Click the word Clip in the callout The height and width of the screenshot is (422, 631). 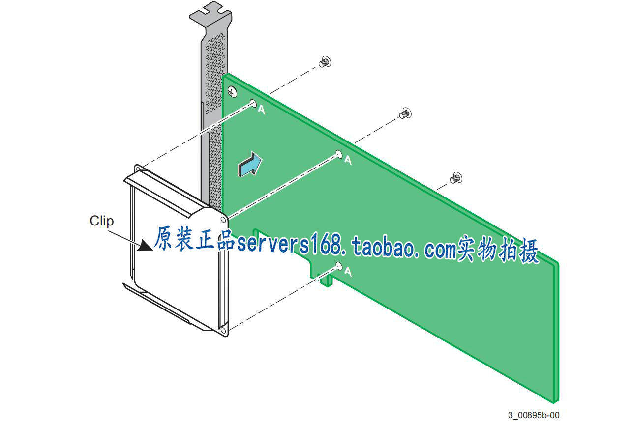(101, 221)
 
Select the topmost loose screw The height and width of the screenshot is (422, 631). (325, 62)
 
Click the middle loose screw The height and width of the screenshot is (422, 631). (405, 113)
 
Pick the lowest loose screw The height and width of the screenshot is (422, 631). (455, 177)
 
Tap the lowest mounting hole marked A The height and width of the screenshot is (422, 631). (339, 266)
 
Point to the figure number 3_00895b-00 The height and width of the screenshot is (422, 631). (534, 415)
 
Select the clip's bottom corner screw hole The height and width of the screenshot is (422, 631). (223, 332)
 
